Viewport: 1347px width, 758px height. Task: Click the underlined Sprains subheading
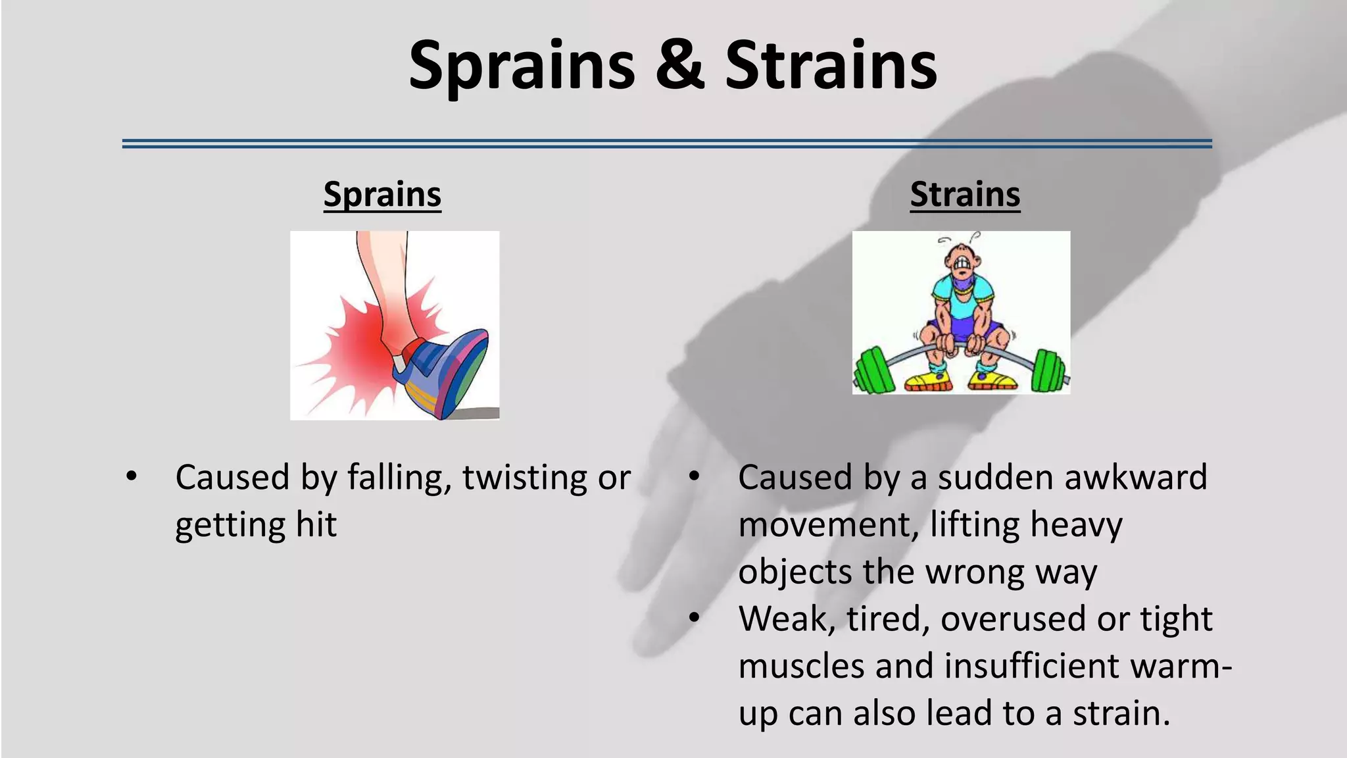(382, 195)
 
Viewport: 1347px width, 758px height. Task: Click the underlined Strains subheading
(965, 195)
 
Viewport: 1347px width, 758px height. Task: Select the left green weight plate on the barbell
(873, 370)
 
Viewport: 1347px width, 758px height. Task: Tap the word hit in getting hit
(316, 525)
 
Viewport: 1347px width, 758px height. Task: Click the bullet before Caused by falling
(132, 476)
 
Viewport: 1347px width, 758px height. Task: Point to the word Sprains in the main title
(522, 66)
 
